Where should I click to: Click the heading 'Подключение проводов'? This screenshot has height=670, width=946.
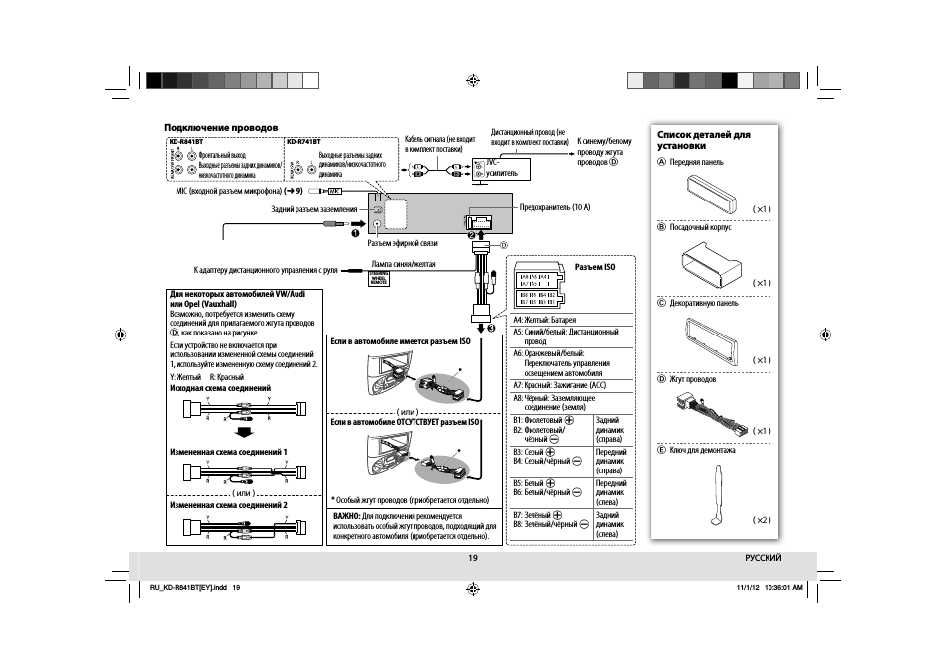[220, 127]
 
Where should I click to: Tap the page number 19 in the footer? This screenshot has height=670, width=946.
[473, 558]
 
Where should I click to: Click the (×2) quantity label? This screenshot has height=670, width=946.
[761, 520]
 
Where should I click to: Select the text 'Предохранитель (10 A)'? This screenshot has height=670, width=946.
[554, 207]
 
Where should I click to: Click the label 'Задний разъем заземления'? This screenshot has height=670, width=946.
[313, 209]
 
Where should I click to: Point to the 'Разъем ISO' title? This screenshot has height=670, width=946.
[595, 267]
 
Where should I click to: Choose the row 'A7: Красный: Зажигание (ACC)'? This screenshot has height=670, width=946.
[558, 384]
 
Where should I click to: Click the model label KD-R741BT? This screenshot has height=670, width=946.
[304, 142]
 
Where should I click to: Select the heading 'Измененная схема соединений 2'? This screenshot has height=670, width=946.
[228, 504]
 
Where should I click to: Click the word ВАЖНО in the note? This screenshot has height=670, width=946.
[346, 516]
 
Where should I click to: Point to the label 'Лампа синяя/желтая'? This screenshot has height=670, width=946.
[403, 264]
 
